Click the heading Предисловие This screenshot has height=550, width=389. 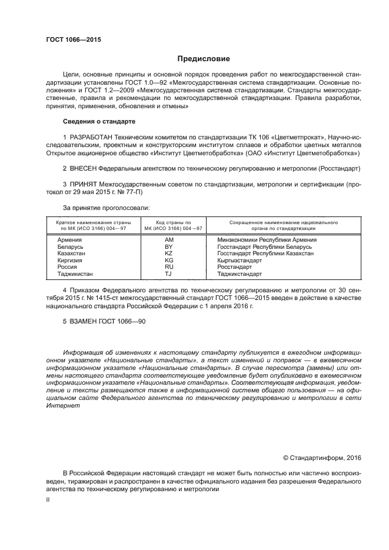[204, 59]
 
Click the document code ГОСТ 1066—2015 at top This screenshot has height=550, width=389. [74, 39]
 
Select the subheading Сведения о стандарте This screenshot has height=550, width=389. [99, 121]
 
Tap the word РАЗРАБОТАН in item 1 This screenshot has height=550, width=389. [94, 136]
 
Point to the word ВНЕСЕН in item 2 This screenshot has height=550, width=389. [85, 168]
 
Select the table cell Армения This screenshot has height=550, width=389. [69, 241]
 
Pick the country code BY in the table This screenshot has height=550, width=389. [169, 247]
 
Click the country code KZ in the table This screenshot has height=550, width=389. [169, 254]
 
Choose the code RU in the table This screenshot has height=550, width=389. [169, 266]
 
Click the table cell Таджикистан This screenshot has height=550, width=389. [75, 274]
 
